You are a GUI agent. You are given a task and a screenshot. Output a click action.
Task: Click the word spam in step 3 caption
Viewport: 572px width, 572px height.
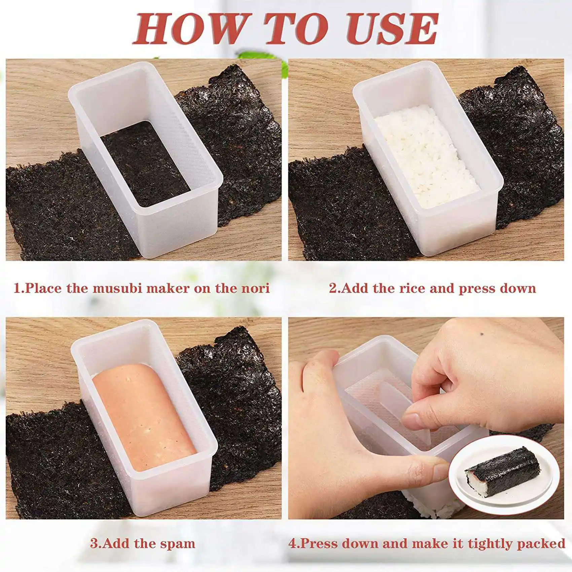[x=178, y=543]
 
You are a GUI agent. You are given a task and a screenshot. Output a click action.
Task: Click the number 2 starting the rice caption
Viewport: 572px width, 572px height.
[x=333, y=288]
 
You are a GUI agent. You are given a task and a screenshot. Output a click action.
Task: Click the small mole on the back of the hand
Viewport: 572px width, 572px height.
[x=482, y=334]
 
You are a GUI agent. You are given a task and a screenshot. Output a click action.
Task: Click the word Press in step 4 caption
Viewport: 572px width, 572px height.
[x=318, y=543]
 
